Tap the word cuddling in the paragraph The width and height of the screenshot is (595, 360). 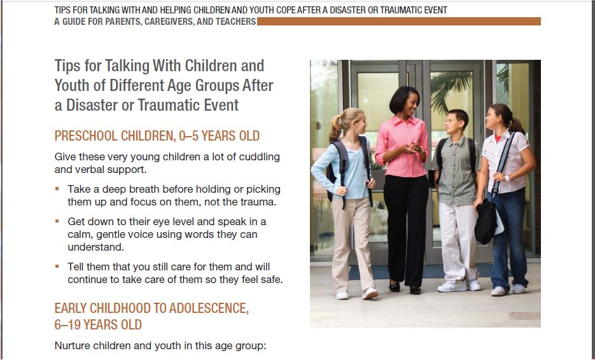[x=259, y=156]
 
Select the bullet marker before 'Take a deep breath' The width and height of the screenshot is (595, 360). [x=57, y=188]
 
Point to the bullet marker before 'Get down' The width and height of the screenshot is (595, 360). [x=57, y=221]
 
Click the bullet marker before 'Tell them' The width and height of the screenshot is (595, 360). [x=57, y=267]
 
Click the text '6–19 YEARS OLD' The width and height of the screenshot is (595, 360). [x=98, y=325]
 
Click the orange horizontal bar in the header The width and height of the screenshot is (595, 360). [x=399, y=21]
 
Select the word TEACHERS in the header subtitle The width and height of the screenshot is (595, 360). [x=235, y=22]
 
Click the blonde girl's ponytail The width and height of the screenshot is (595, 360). [x=335, y=128]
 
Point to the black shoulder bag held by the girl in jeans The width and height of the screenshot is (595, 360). [x=486, y=223]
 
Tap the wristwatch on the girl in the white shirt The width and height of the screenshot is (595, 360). [x=507, y=177]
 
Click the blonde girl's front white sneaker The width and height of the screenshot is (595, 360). [x=370, y=293]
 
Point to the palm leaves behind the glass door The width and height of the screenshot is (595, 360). [x=452, y=87]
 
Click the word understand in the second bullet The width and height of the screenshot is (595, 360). [x=95, y=247]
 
